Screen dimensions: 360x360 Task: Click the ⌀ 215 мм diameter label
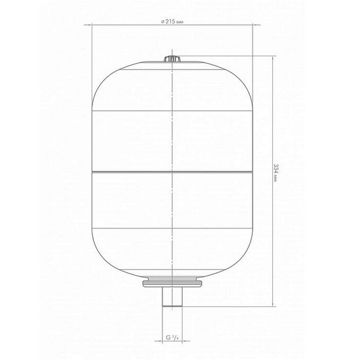[x=172, y=22]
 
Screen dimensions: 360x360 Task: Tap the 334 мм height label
[x=276, y=173]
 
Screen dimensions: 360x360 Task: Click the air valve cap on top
[x=172, y=59]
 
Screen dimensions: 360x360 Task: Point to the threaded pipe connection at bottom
[x=172, y=297]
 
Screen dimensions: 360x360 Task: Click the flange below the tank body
[x=172, y=283]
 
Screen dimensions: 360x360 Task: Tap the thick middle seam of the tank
[x=172, y=171]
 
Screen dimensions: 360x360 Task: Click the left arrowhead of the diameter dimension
[x=90, y=25]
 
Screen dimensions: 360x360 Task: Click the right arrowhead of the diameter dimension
[x=255, y=25]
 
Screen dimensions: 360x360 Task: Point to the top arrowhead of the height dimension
[x=273, y=58]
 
